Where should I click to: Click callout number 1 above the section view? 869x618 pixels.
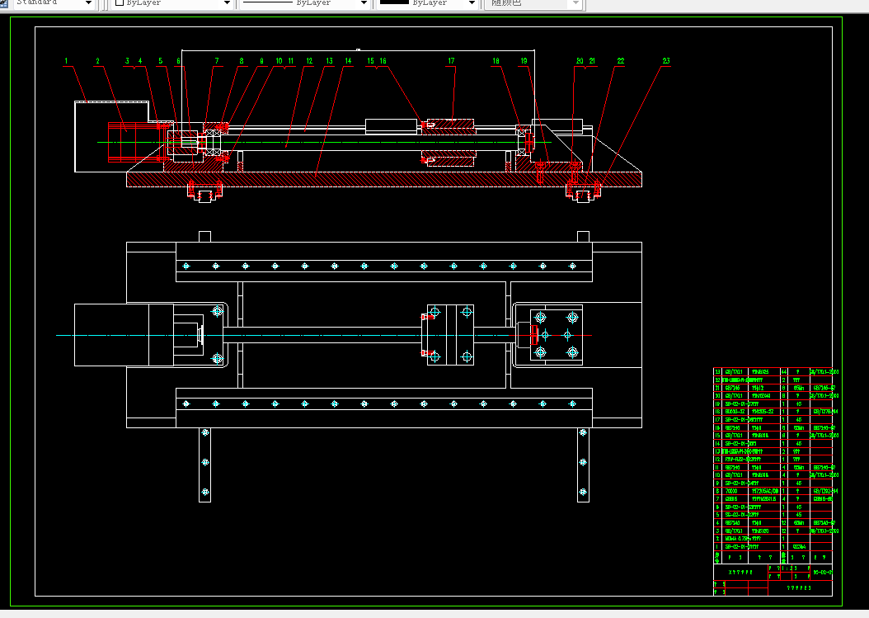pos(66,60)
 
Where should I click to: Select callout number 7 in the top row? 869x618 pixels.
pos(217,60)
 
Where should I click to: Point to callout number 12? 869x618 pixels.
pos(308,60)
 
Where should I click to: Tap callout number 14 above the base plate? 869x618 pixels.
pos(349,60)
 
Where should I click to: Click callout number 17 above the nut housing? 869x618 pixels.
pos(451,60)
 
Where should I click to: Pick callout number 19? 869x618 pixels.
pos(524,60)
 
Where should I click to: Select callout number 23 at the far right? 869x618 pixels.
pos(666,60)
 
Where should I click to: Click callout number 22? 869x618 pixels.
pos(621,60)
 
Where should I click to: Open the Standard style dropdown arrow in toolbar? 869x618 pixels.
pos(87,3)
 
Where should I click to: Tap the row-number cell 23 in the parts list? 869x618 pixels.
pos(716,372)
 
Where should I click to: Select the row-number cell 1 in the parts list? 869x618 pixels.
pos(716,546)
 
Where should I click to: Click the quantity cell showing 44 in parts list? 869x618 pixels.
pos(784,372)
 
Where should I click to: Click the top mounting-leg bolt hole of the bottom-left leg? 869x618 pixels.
pos(205,433)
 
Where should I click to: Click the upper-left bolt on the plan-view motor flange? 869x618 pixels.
pos(217,311)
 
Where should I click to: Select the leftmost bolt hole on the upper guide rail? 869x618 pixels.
pos(186,266)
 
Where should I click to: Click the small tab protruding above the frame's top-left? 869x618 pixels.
pos(204,237)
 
